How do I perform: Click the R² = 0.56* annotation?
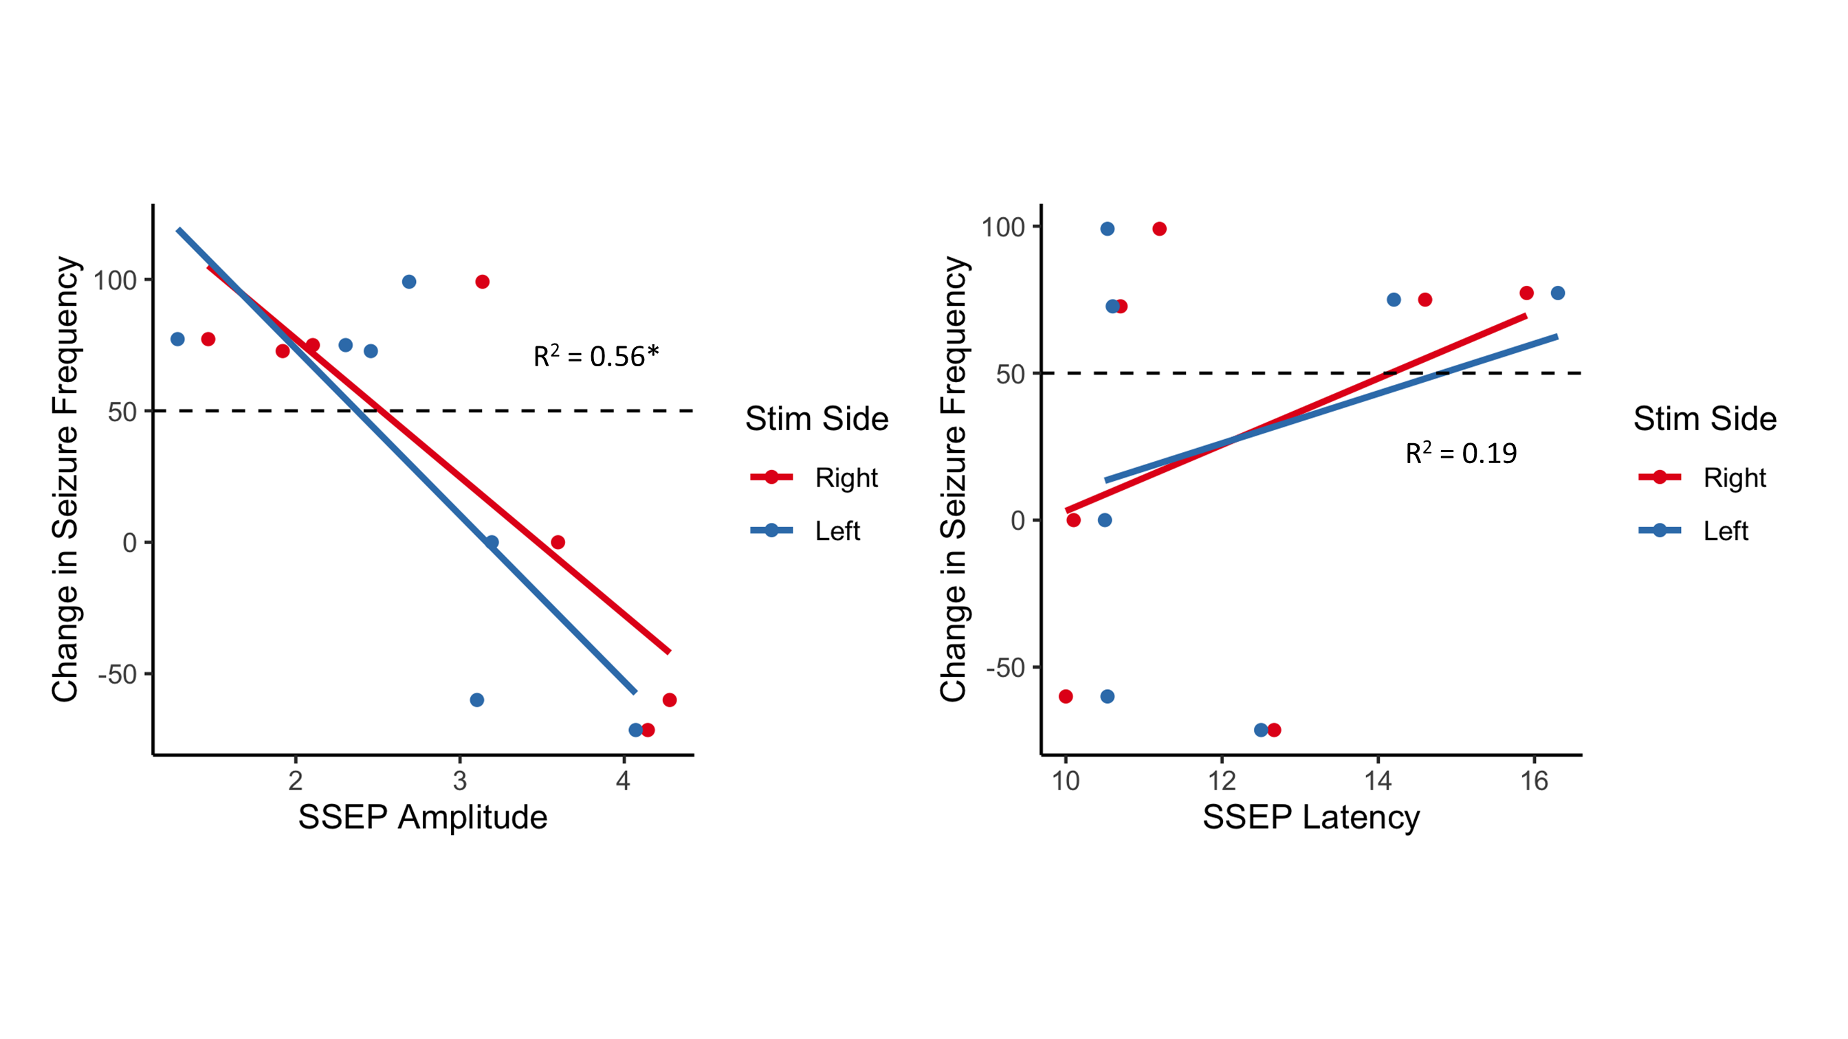pos(595,357)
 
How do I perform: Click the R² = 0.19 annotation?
pos(1461,453)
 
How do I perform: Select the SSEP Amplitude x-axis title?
pos(423,817)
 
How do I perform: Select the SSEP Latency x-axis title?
pos(1310,817)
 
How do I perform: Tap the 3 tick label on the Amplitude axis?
pos(460,781)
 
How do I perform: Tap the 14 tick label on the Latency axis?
pos(1377,781)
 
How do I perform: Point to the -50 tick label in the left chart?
pos(118,675)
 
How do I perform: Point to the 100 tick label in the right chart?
pos(1002,227)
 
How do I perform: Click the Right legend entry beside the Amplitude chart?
pos(846,478)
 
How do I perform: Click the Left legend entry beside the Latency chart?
pos(1726,531)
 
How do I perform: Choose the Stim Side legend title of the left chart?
pos(816,418)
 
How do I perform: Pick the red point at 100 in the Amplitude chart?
pos(482,282)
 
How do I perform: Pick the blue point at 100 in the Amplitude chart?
pos(409,282)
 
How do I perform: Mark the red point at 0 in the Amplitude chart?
pos(558,542)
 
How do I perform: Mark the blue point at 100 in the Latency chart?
pos(1107,229)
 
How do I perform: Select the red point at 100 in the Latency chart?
pos(1159,229)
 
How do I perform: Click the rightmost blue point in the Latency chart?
pos(1557,293)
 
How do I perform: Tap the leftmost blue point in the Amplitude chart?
pos(177,339)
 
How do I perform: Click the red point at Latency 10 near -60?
pos(1066,696)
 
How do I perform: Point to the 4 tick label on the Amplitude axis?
pos(624,781)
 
